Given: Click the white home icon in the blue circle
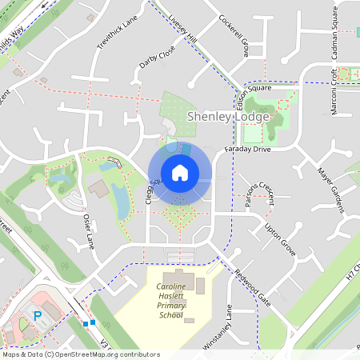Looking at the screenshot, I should click(x=179, y=172).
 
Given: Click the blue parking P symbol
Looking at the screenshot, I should click(x=37, y=316).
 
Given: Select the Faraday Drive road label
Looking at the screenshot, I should click(x=250, y=149).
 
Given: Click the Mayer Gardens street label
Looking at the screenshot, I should click(x=330, y=190).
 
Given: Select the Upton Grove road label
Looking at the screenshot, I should click(x=281, y=239).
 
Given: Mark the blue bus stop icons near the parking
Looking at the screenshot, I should click(x=88, y=323).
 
